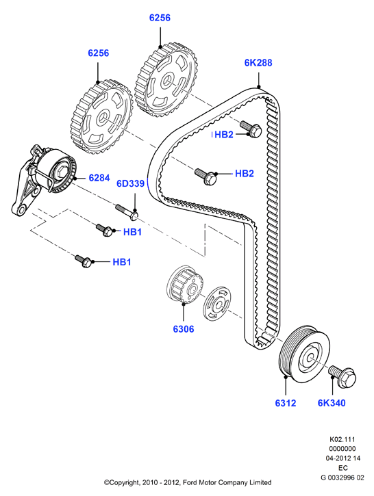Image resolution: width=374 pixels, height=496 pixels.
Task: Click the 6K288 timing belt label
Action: pos(258,63)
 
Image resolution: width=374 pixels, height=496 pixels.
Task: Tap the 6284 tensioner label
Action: pos(99,178)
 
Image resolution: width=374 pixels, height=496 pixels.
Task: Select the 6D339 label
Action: pos(130,183)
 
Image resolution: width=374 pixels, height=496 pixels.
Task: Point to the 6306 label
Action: pos(184,329)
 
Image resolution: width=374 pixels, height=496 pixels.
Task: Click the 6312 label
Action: pos(286,403)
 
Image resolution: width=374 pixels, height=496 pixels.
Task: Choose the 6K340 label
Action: pos(332,403)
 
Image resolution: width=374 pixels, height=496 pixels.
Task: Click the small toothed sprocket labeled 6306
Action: pos(184,286)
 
